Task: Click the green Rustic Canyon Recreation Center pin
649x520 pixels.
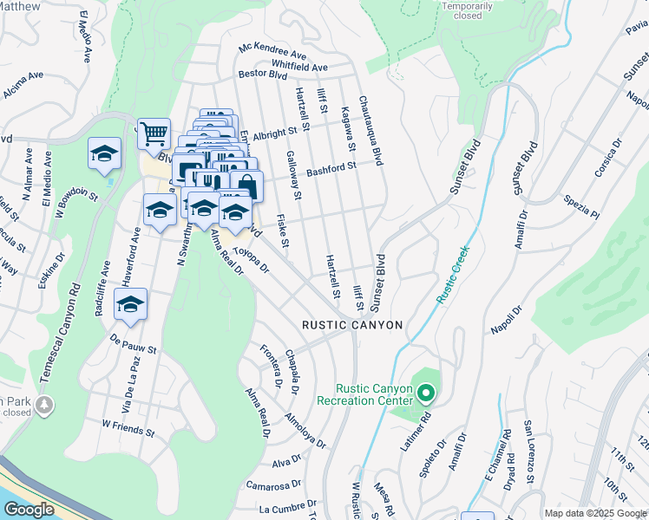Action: [425, 394]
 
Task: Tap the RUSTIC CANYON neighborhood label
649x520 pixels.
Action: [352, 325]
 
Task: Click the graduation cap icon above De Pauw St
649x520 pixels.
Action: [130, 304]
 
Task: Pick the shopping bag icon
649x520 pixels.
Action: [246, 185]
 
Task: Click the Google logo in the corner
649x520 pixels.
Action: [29, 510]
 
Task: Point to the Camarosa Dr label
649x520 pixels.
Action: [273, 484]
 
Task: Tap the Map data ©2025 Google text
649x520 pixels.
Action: [595, 513]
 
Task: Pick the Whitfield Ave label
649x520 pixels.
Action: [299, 66]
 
